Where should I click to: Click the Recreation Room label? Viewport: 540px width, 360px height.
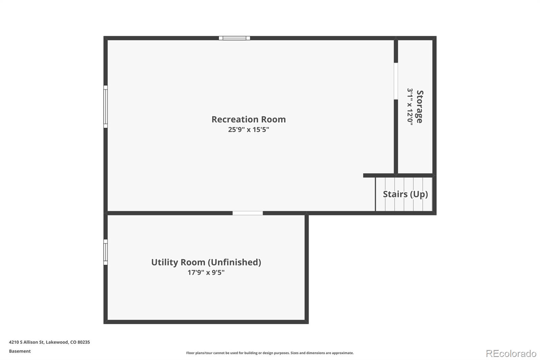[x=248, y=119]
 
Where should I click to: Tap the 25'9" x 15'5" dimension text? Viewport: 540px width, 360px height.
[x=248, y=129]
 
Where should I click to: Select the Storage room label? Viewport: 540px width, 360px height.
[x=420, y=107]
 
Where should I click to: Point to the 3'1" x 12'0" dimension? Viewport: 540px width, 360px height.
[x=410, y=107]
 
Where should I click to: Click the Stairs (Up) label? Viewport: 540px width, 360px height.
[x=405, y=194]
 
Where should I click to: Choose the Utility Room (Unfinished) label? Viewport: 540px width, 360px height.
[x=206, y=262]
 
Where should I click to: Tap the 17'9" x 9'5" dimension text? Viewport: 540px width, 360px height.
[x=206, y=273]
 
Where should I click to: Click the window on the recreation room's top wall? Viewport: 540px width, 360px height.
[x=234, y=38]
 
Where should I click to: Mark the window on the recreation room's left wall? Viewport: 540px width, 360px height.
[x=105, y=106]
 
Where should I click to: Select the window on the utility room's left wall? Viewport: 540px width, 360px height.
[x=105, y=252]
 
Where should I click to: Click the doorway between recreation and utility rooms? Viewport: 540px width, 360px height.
[x=247, y=213]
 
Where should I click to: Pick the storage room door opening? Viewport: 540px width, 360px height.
[x=396, y=81]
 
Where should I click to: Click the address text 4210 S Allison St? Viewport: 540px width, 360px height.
[x=27, y=342]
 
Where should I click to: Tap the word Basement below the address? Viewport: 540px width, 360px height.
[x=20, y=351]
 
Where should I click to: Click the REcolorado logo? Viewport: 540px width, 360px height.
[x=511, y=354]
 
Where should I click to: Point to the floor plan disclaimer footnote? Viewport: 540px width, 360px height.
[x=270, y=353]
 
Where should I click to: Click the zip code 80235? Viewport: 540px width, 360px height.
[x=83, y=342]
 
